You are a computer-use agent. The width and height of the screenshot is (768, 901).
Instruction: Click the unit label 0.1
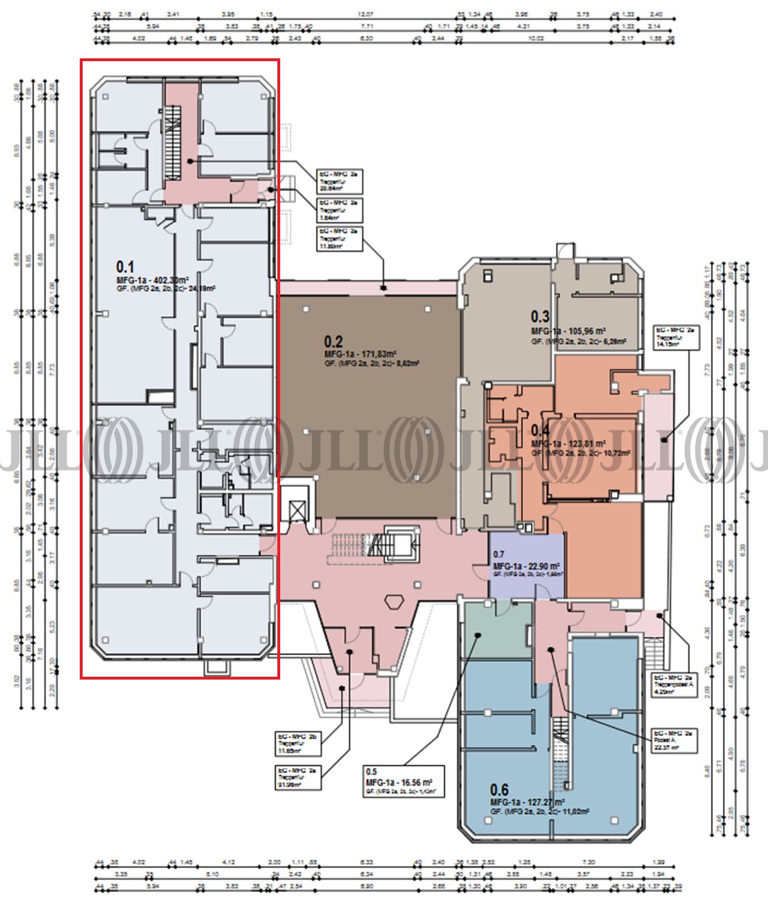[125, 266]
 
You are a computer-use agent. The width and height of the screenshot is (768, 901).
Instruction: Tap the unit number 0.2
[333, 341]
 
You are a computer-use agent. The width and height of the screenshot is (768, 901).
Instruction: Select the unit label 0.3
[540, 317]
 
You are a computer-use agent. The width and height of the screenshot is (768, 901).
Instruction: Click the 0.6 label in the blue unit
[499, 789]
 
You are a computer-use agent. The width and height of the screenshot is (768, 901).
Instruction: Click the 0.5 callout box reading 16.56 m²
[404, 782]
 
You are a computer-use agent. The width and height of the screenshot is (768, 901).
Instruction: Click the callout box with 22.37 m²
[673, 741]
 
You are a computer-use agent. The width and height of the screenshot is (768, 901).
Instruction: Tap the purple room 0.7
[526, 566]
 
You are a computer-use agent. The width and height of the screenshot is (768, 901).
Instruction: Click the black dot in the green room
[478, 635]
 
